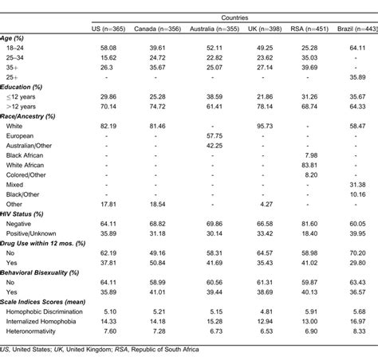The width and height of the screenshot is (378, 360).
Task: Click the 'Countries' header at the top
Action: [x=234, y=16]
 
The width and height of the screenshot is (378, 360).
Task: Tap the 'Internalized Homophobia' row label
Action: [x=54, y=319]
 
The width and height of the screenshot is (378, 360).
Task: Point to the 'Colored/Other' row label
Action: [x=37, y=174]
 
